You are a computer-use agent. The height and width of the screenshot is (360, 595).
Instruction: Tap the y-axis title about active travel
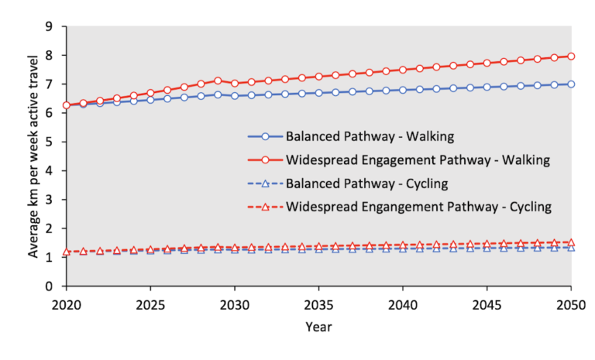32,156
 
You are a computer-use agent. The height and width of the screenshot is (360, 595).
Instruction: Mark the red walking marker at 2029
218,81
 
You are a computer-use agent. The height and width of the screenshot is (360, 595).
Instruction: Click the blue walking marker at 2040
403,90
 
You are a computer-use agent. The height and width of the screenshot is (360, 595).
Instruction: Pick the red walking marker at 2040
403,70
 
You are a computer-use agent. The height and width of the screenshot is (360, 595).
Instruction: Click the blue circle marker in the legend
265,136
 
